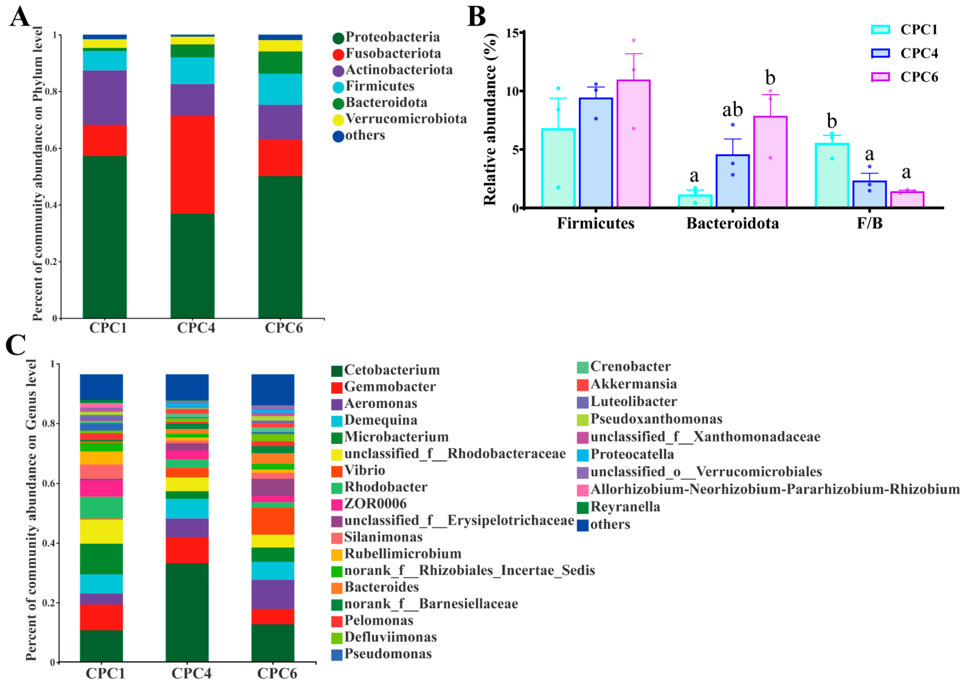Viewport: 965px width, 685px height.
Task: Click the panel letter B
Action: click(x=476, y=17)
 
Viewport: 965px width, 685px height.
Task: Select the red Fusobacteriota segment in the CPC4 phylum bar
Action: click(x=192, y=164)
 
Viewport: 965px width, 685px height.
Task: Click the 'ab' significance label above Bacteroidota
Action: click(x=732, y=110)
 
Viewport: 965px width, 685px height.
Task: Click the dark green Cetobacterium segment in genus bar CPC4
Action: click(x=187, y=612)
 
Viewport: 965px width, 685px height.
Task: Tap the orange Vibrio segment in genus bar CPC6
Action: click(x=273, y=521)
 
